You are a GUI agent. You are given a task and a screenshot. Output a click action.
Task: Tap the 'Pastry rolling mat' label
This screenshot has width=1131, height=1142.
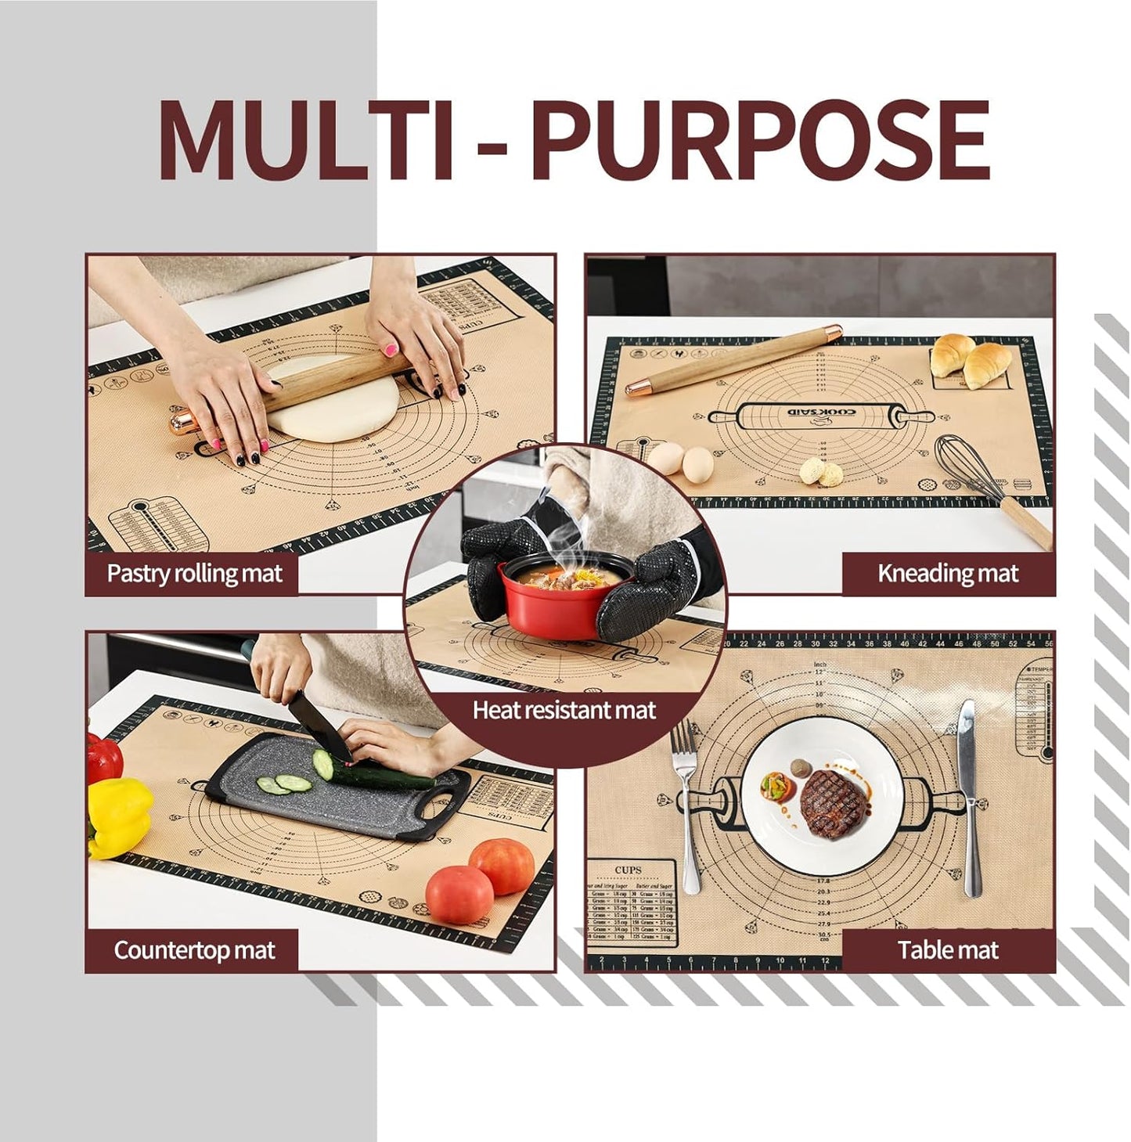click(194, 574)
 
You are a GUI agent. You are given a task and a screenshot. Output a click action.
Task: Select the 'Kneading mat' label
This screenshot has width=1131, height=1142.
click(948, 574)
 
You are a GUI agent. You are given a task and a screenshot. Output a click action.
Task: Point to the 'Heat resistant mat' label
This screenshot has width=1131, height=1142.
click(564, 711)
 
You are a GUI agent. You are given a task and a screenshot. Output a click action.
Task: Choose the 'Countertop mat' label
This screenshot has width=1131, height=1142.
click(194, 950)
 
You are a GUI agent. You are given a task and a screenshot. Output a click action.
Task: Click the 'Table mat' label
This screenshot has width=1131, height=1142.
click(948, 950)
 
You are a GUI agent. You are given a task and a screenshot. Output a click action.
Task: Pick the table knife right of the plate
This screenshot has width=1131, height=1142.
click(970, 791)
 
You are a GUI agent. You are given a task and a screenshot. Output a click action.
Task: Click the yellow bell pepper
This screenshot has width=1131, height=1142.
click(117, 814)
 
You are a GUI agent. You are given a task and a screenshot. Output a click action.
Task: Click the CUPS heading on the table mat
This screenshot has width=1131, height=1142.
click(628, 870)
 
